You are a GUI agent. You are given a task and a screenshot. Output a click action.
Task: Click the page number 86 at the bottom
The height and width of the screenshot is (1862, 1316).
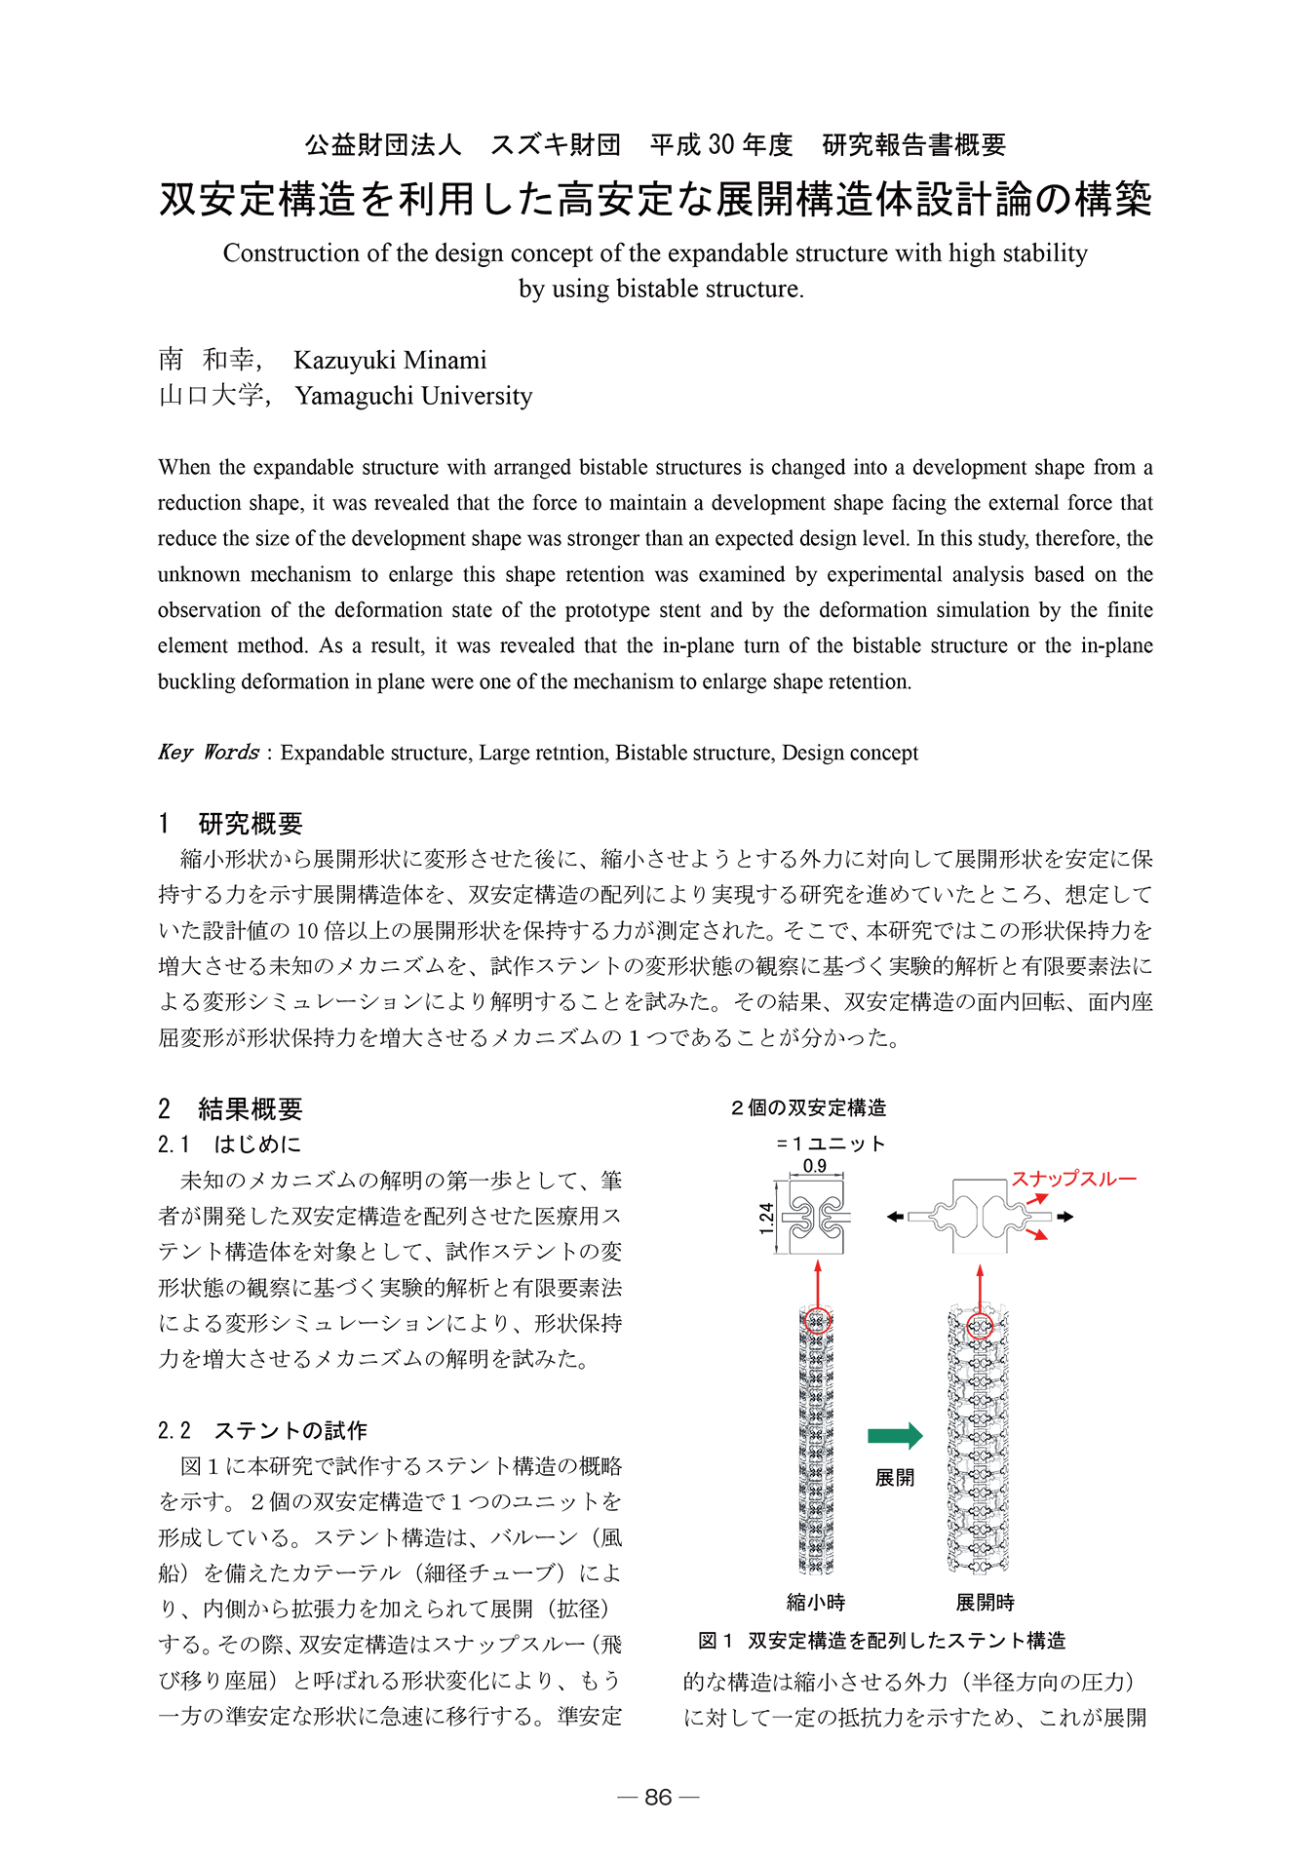pyautogui.click(x=658, y=1797)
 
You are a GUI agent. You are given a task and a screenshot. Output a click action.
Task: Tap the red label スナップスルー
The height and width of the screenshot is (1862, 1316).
pyautogui.click(x=1073, y=1179)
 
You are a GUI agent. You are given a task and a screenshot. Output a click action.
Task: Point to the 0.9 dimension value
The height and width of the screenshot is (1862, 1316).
pyautogui.click(x=814, y=1166)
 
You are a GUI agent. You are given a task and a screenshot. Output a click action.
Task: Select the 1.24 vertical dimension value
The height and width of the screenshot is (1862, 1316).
pyautogui.click(x=766, y=1219)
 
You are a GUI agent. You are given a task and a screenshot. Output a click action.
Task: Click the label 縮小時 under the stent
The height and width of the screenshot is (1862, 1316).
pyautogui.click(x=815, y=1602)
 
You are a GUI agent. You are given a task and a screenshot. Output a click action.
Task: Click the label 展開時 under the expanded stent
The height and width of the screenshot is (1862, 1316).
pyautogui.click(x=985, y=1602)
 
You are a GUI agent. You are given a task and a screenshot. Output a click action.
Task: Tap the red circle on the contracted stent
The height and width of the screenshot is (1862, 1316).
pyautogui.click(x=818, y=1322)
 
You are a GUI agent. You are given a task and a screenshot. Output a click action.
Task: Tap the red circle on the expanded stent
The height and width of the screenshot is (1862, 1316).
pyautogui.click(x=980, y=1326)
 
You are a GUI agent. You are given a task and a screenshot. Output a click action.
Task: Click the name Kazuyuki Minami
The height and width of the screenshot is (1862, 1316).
pyautogui.click(x=390, y=360)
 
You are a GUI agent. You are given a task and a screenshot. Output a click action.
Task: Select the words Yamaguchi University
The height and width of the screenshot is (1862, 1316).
pyautogui.click(x=413, y=396)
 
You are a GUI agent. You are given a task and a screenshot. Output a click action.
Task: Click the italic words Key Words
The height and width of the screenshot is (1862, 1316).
pyautogui.click(x=209, y=753)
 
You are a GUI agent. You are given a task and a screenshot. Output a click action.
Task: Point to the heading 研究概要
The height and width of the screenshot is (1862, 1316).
pyautogui.click(x=251, y=824)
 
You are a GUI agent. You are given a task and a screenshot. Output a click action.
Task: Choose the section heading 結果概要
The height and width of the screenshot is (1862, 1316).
pyautogui.click(x=251, y=1108)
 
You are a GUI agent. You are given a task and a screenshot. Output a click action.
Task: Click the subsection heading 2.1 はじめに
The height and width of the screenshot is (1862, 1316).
pyautogui.click(x=230, y=1144)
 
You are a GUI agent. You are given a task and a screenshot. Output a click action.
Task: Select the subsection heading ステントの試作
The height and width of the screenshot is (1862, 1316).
pyautogui.click(x=290, y=1430)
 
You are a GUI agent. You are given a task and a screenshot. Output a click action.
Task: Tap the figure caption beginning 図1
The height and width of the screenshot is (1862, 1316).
pyautogui.click(x=882, y=1641)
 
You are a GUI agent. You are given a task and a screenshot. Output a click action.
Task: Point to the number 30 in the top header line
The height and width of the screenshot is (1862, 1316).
pyautogui.click(x=721, y=145)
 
